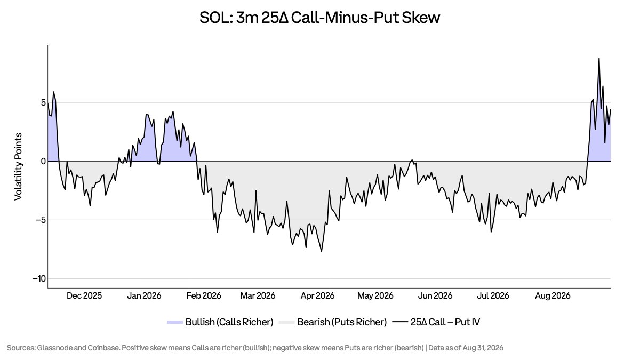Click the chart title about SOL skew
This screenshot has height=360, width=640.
tap(319, 18)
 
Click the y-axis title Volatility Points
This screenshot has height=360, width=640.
tap(18, 166)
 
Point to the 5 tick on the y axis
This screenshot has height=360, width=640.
tap(43, 102)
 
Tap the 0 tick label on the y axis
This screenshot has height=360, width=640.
tap(43, 162)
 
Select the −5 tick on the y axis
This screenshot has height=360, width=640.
tap(41, 220)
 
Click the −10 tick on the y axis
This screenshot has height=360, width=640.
tap(39, 278)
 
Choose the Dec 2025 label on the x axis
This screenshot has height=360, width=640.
tap(84, 295)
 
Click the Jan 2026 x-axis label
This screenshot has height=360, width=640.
tap(144, 295)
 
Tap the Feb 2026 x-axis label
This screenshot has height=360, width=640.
tap(204, 295)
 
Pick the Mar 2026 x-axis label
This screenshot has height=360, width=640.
tap(258, 295)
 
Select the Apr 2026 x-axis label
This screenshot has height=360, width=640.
tap(317, 295)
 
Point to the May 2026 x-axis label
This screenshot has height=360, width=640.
tap(375, 295)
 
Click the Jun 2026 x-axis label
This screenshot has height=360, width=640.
tap(435, 295)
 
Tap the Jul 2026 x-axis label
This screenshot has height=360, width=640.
tap(493, 295)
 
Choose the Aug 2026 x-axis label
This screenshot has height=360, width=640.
tap(553, 295)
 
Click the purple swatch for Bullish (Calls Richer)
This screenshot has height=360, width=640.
tap(175, 322)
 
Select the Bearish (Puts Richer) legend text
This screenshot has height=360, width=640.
tap(342, 322)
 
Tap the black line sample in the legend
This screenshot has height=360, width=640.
tap(400, 322)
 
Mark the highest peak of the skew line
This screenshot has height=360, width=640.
tap(599, 58)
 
